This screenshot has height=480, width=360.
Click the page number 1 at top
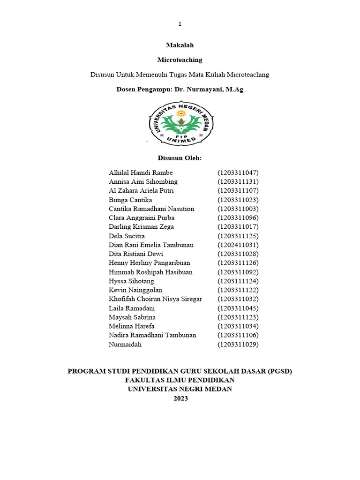coord(180,24)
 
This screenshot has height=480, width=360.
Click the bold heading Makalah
coord(180,45)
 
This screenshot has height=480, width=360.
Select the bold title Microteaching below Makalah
coord(180,60)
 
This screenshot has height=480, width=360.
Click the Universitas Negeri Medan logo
coord(181,124)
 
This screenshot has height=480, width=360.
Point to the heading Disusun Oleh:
coord(180,158)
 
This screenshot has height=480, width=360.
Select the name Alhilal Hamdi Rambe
coord(141,172)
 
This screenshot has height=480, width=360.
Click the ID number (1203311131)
coord(238,181)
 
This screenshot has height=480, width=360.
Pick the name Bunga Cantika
coord(130,200)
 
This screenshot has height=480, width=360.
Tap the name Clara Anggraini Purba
coord(142,217)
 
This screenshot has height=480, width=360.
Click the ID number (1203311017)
coord(238,227)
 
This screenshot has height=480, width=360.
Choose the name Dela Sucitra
coord(127,236)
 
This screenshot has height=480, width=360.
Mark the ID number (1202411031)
coord(238,245)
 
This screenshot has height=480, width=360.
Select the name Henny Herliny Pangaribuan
coord(150,263)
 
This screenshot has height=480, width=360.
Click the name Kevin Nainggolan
coord(135,290)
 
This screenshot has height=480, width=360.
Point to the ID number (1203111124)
coord(238,281)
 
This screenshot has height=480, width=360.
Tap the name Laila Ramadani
coord(132,308)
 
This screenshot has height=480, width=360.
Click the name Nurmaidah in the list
coord(125,345)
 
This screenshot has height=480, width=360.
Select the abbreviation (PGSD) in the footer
coord(280,371)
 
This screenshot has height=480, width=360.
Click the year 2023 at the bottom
coord(180,398)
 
